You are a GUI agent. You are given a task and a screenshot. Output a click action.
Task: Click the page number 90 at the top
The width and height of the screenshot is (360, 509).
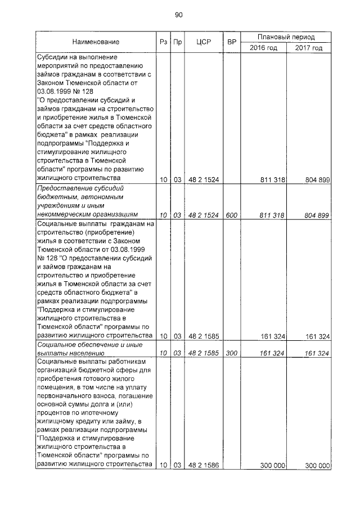179,15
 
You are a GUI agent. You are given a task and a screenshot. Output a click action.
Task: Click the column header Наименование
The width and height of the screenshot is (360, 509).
96,42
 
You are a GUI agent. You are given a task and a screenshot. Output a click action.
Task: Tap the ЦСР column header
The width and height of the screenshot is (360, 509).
203,42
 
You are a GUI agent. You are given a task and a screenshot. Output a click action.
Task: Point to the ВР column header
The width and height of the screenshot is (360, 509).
231,42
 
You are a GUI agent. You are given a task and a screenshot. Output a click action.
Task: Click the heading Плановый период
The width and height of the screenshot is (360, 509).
286,37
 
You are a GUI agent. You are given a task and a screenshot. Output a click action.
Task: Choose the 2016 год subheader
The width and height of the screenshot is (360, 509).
264,48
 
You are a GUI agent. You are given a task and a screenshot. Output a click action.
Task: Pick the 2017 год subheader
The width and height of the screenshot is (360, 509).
309,48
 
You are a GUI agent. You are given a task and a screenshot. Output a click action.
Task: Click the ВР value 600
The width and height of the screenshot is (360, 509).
231,215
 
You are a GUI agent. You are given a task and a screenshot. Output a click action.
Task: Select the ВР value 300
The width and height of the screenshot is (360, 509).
231,354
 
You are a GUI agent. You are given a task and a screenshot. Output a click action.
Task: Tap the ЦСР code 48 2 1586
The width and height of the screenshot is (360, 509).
203,465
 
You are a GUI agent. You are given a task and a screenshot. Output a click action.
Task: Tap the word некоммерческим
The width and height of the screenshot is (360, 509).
64,214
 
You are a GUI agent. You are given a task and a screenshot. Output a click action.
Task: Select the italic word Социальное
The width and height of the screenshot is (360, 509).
58,344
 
